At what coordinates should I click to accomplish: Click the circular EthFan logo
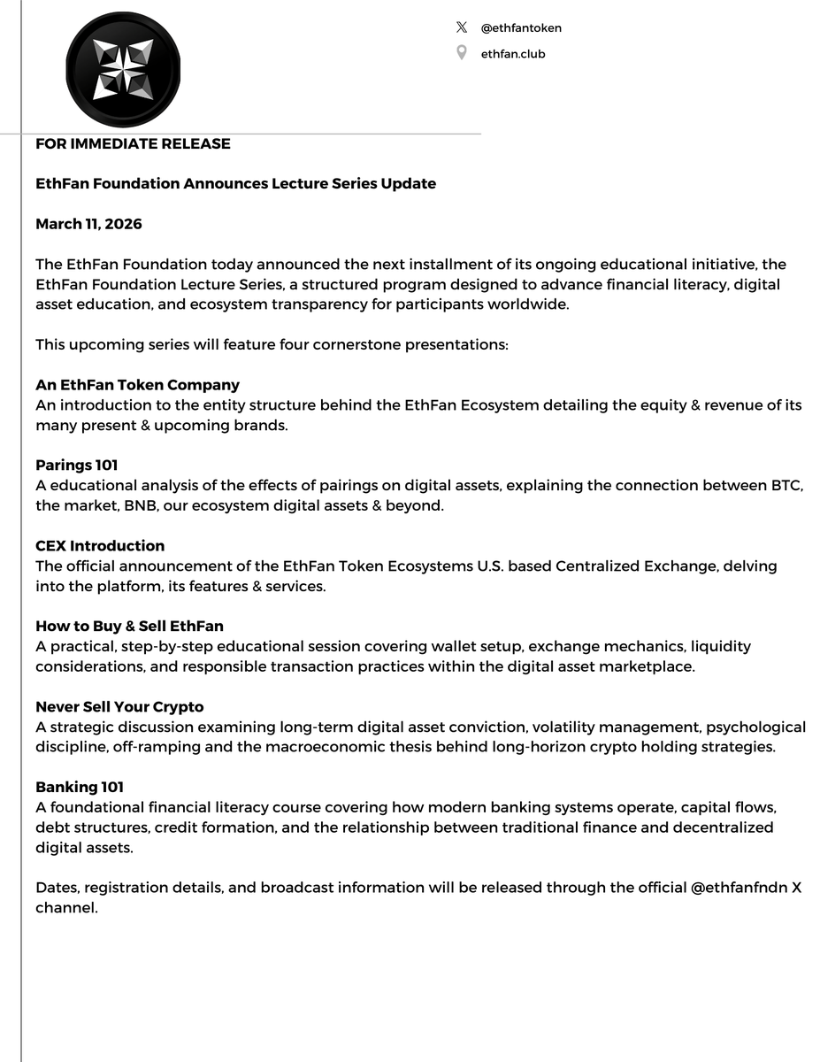122,68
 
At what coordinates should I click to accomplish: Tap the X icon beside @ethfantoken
461,27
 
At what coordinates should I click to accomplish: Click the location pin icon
461,54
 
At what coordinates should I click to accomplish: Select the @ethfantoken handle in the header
521,27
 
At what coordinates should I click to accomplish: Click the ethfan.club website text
513,54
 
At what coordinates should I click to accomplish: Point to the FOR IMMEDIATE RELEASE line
133,143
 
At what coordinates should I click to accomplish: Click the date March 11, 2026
88,224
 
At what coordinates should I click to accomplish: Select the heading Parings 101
77,466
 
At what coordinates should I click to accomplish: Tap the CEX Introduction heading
100,546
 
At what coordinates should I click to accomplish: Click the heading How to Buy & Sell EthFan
129,627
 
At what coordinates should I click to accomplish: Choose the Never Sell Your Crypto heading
119,707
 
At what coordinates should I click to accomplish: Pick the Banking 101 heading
80,788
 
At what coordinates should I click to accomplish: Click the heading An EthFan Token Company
137,385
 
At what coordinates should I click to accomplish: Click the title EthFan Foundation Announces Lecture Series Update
235,184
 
